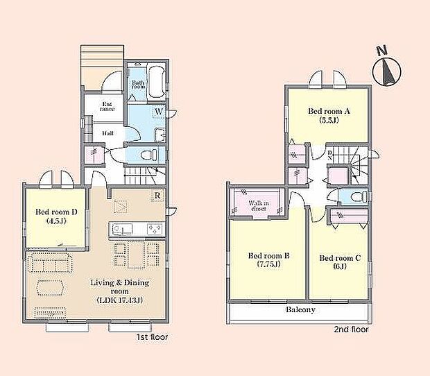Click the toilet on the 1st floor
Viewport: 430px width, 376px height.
pyautogui.click(x=147, y=155)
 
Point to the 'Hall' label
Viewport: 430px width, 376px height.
pyautogui.click(x=109, y=133)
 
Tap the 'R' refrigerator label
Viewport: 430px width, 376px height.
pyautogui.click(x=159, y=196)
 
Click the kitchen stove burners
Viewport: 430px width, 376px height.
pyautogui.click(x=155, y=230)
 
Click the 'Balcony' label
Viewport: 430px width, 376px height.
pyautogui.click(x=300, y=310)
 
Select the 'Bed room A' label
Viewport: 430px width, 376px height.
pyautogui.click(x=329, y=114)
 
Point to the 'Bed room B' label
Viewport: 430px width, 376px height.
pyautogui.click(x=269, y=259)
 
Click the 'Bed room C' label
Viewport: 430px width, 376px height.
pyautogui.click(x=340, y=262)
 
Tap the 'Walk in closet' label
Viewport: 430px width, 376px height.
pyautogui.click(x=259, y=205)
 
